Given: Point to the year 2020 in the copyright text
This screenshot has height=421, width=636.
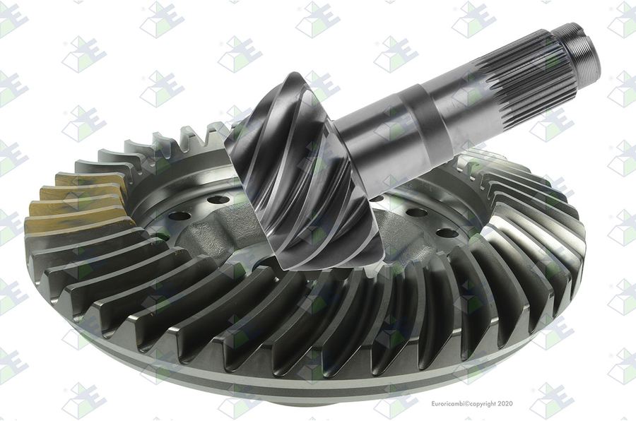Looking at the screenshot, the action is [505, 403].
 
